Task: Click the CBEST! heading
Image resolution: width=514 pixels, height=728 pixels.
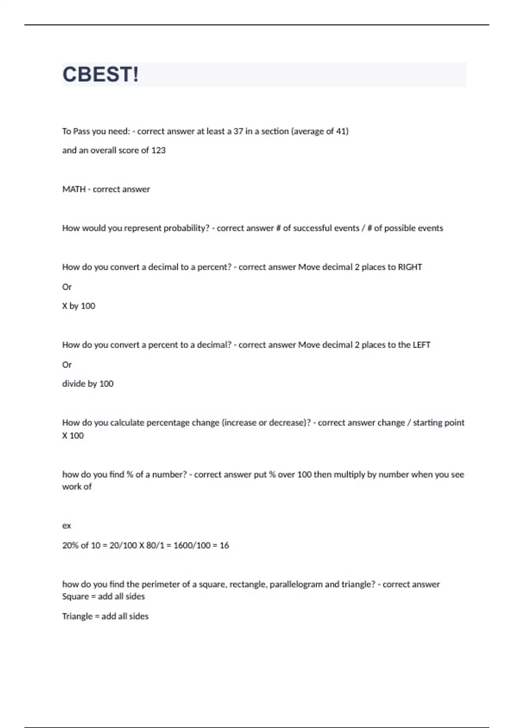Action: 101,75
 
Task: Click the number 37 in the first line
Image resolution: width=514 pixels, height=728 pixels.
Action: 238,131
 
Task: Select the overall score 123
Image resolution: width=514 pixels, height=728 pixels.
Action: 158,150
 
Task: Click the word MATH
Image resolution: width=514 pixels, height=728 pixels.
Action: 74,189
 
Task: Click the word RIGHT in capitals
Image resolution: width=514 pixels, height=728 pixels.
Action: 410,267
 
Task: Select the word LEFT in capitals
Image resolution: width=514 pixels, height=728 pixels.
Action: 421,345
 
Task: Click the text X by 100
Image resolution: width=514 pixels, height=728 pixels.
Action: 79,306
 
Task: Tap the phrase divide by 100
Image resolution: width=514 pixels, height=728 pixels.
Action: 88,384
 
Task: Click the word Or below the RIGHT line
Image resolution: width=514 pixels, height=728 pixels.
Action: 67,287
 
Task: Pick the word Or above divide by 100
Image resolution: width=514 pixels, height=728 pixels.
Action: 67,365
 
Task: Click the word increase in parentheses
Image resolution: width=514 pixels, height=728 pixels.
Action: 239,423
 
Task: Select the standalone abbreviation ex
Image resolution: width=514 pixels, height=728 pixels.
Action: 66,525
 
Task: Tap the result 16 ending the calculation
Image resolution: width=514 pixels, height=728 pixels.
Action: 224,545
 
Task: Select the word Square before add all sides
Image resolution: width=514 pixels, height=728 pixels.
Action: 75,597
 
